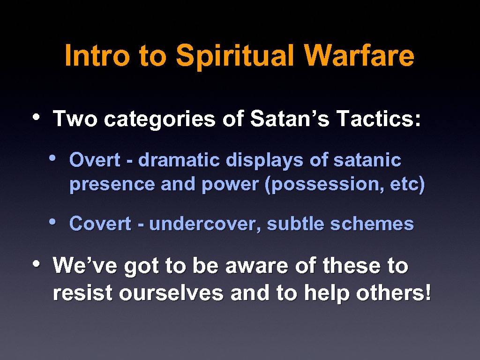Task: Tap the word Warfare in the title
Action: pos(359,56)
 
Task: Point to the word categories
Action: pos(160,120)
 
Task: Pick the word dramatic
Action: pos(180,160)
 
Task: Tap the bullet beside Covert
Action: pos(53,221)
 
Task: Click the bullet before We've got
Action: pos(38,263)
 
